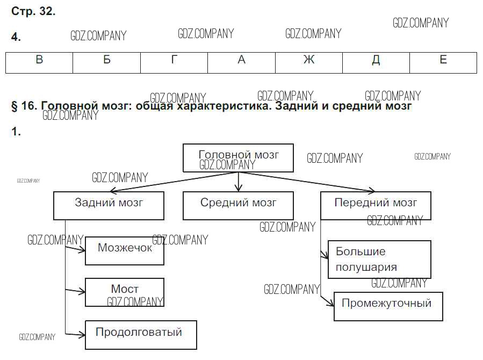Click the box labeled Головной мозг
click(239, 157)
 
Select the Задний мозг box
click(109, 206)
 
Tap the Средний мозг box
click(239, 206)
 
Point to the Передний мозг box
click(376, 206)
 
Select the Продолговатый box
click(141, 335)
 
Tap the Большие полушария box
click(379, 259)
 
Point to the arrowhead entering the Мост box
click(82, 291)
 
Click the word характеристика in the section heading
click(215, 106)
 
